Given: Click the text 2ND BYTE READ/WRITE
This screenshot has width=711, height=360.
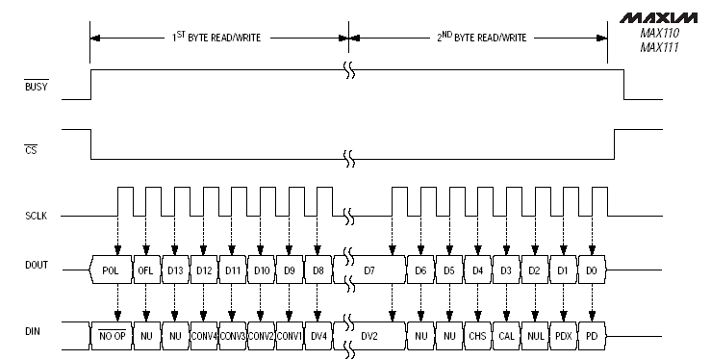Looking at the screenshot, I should (x=481, y=38).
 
